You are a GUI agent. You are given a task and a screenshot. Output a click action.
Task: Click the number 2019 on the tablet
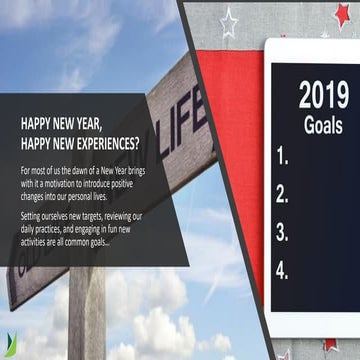(323, 95)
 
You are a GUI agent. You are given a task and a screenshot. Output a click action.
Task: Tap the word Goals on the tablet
(322, 127)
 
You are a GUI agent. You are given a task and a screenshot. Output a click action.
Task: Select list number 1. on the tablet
(282, 155)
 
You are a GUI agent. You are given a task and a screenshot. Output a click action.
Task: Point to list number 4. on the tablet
(282, 269)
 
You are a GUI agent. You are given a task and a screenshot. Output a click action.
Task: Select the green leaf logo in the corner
(8, 346)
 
